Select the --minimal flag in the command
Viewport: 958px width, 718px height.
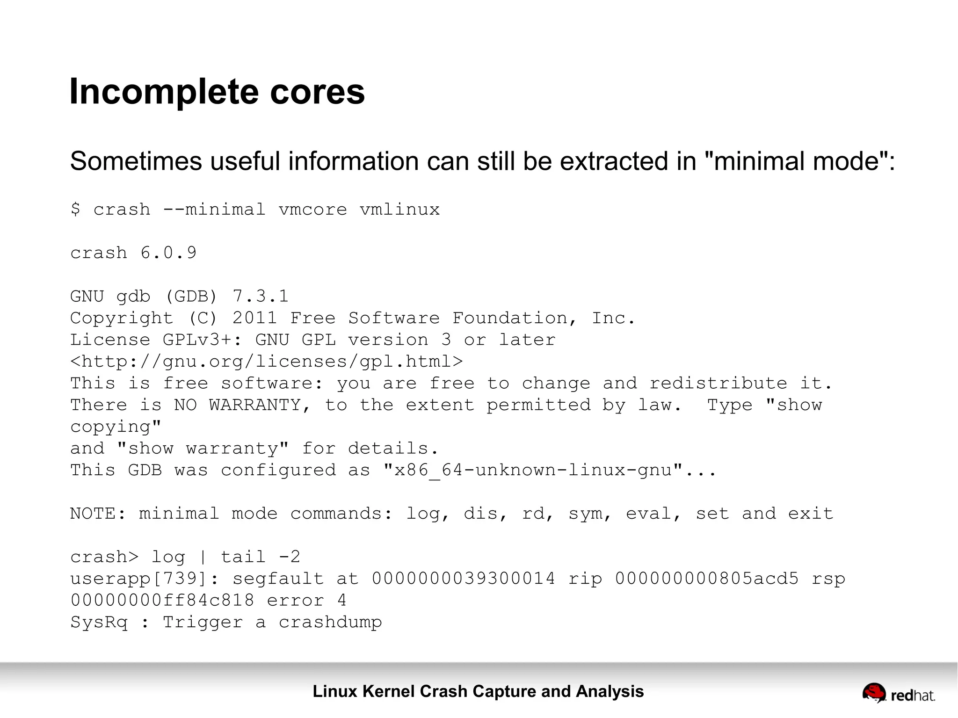pos(214,210)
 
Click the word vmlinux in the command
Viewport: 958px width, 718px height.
pos(400,210)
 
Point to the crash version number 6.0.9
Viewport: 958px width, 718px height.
pos(168,253)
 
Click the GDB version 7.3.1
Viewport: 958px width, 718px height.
pos(260,297)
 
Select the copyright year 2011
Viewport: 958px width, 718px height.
pos(255,319)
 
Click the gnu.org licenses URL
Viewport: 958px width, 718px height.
pos(267,362)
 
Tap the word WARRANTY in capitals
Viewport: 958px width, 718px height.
pos(255,405)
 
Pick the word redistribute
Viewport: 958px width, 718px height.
pos(718,384)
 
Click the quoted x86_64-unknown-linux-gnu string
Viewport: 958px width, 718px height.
pos(533,470)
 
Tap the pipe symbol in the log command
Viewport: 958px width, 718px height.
pos(203,557)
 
